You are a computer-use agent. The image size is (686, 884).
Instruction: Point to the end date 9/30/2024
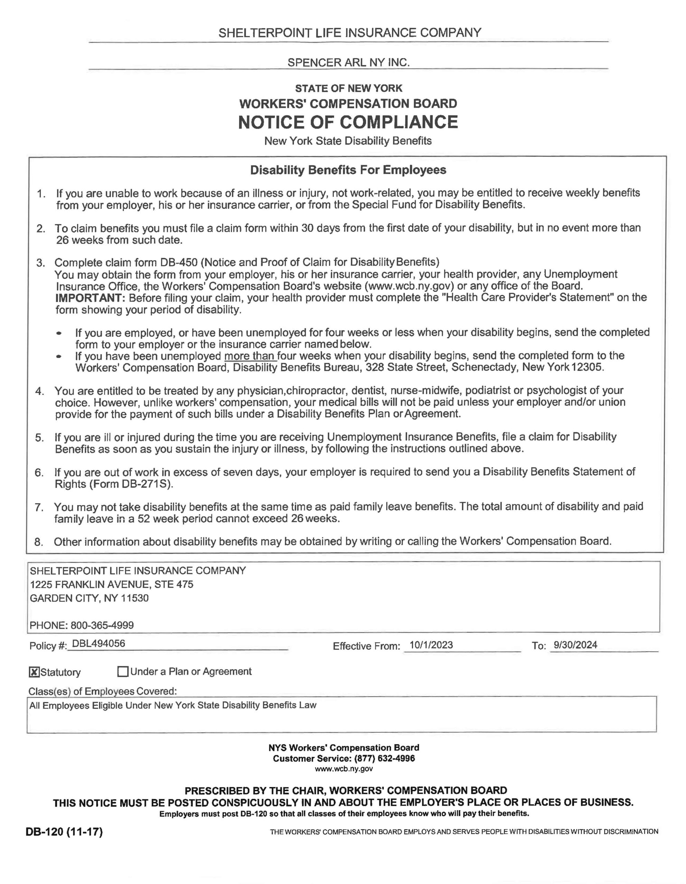point(575,645)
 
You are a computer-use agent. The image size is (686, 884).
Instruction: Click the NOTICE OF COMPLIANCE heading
point(348,122)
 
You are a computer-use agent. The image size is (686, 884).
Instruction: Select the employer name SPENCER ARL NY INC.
point(348,63)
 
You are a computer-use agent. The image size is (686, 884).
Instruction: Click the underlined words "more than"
point(250,356)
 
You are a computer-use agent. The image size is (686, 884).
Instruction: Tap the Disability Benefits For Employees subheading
point(348,170)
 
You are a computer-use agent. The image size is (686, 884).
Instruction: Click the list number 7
point(39,507)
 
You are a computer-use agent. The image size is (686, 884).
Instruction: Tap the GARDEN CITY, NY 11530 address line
point(89,598)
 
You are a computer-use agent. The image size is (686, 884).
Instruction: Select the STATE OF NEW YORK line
point(348,88)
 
